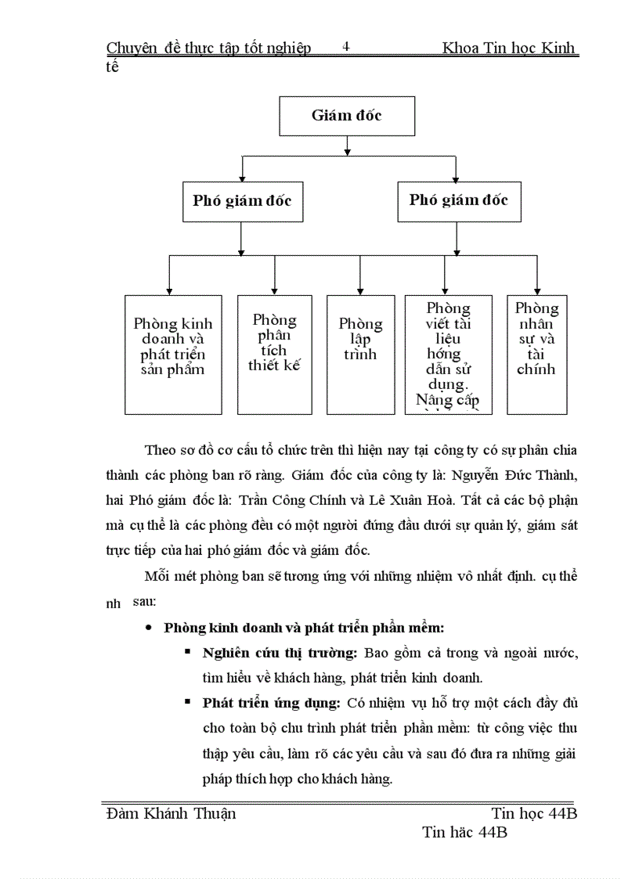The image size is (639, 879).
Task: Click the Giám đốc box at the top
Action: click(x=347, y=116)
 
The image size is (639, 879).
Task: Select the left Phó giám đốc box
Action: click(x=242, y=201)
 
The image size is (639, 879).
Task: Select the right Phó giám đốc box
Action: click(x=458, y=200)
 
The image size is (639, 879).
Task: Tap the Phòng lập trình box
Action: click(x=360, y=354)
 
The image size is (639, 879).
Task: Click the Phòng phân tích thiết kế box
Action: click(x=274, y=354)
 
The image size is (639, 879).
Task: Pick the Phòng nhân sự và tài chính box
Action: click(x=536, y=354)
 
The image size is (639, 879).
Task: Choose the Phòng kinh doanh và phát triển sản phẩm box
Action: click(x=173, y=354)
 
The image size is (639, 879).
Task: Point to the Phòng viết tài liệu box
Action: click(x=449, y=354)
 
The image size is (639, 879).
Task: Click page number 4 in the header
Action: click(x=346, y=47)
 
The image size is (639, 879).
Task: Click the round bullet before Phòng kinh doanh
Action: click(x=148, y=628)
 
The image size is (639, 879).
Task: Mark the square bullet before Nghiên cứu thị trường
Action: click(x=188, y=651)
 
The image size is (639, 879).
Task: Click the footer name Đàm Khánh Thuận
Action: click(x=171, y=813)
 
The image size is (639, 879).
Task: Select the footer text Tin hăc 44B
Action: click(x=464, y=832)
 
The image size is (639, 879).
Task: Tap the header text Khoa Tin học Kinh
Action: click(x=509, y=49)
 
